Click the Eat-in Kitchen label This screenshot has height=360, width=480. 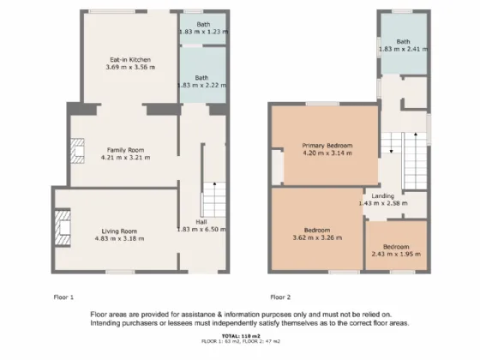point(130,60)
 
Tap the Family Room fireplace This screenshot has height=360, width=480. point(77,151)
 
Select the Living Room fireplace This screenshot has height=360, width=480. point(63,227)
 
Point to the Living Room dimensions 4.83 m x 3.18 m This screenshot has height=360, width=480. point(119,238)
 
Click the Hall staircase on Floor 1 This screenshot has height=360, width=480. point(214,200)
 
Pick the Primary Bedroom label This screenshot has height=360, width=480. point(327,146)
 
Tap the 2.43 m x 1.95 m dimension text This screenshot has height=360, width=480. point(396,254)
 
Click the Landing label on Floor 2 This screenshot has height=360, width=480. point(383,196)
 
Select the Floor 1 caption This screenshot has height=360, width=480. point(63,297)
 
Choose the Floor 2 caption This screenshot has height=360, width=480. point(280,297)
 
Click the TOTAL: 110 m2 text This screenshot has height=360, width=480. point(241,336)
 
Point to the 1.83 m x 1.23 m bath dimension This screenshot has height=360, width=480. point(203,32)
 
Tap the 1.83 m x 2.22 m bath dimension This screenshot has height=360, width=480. point(202,85)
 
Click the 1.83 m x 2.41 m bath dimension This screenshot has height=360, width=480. point(404,49)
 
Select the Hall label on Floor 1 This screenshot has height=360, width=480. point(201,222)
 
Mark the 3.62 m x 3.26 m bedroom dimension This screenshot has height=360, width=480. point(317,237)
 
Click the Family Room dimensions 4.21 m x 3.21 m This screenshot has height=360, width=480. point(125,158)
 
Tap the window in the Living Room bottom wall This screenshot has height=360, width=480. point(120,272)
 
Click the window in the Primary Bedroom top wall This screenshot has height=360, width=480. point(322,104)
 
